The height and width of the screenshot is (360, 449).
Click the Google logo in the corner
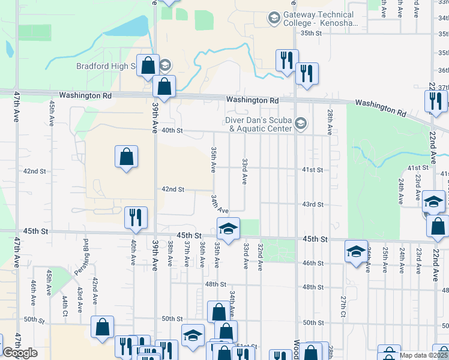tap(20, 353)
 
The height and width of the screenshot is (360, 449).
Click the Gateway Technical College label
tap(321, 19)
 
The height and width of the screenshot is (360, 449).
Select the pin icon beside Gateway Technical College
tap(274, 19)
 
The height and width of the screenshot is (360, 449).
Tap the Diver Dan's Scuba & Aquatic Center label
tap(259, 124)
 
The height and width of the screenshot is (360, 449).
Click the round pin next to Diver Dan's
tap(301, 124)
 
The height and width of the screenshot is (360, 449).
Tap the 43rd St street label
tap(313, 205)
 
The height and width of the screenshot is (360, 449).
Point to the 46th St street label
tap(313, 263)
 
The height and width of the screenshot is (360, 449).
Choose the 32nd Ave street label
tap(261, 256)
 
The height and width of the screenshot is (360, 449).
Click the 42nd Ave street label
tap(95, 289)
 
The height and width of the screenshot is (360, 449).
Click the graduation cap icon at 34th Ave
tap(229, 228)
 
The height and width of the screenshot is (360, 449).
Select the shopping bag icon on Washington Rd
tap(164, 86)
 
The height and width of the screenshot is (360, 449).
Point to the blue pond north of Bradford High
tap(131, 26)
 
